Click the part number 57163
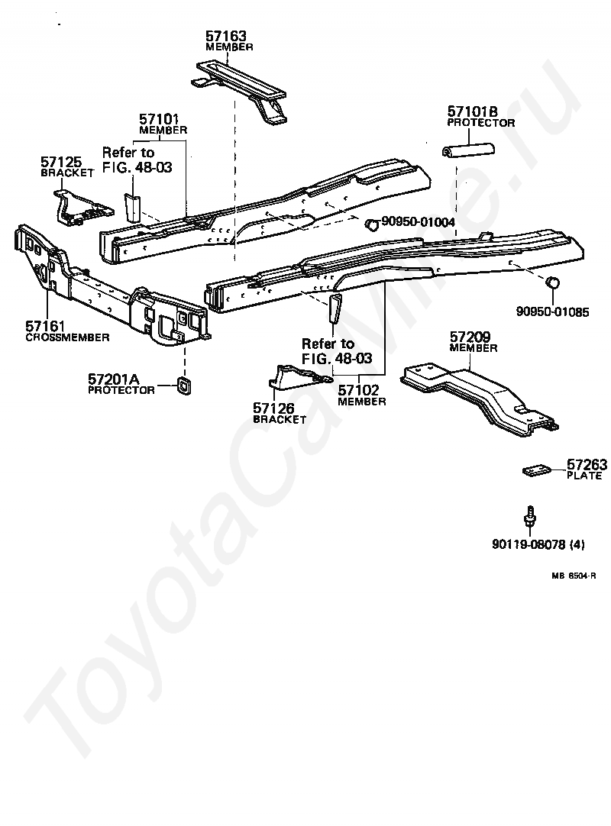click(x=225, y=36)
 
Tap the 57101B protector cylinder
click(x=467, y=150)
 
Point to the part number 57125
click(x=61, y=162)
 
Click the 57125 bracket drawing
click(x=83, y=208)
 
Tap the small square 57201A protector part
click(x=183, y=386)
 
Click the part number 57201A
click(x=113, y=379)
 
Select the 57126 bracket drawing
click(x=300, y=377)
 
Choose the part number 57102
click(x=358, y=390)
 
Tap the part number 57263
click(x=587, y=465)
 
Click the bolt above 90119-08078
click(x=530, y=515)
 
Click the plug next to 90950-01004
click(x=372, y=225)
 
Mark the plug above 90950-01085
click(x=552, y=282)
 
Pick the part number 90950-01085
click(x=552, y=312)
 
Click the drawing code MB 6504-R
click(x=574, y=576)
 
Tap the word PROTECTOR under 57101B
click(x=481, y=123)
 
